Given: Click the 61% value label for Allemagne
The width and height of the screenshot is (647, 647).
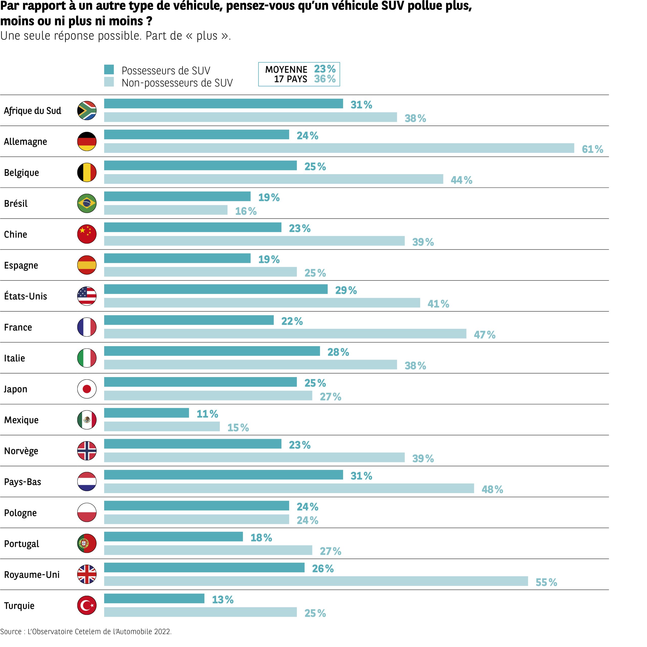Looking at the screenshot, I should tap(592, 149).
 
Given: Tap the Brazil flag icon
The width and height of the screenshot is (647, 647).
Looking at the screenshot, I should tap(87, 203).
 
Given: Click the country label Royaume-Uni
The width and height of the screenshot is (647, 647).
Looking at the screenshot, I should tap(32, 575).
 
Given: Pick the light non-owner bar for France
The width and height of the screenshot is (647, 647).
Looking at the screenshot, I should tap(285, 334).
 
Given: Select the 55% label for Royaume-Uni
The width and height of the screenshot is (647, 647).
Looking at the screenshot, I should tap(546, 582).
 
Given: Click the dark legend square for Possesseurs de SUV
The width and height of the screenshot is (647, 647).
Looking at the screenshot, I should tap(109, 70).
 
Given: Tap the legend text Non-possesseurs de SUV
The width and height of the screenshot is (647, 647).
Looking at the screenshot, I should tap(177, 83).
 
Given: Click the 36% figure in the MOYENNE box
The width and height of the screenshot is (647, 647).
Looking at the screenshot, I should tap(325, 79).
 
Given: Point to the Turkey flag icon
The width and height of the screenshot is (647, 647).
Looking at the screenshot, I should tap(87, 606).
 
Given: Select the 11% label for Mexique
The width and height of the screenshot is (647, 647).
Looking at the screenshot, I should tap(207, 414).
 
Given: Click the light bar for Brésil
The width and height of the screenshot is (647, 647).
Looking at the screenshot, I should tap(166, 210).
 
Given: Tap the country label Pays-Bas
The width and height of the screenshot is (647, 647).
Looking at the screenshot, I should tap(22, 482).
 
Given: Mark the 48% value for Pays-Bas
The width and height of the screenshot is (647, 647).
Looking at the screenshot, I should tap(492, 490).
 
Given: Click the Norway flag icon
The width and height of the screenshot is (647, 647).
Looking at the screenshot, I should tap(87, 451).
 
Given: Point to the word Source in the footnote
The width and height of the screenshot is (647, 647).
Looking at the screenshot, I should tap(11, 632).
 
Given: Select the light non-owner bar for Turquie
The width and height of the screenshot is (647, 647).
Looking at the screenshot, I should tap(200, 612).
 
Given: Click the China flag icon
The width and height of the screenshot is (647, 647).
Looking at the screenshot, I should tap(87, 234).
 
